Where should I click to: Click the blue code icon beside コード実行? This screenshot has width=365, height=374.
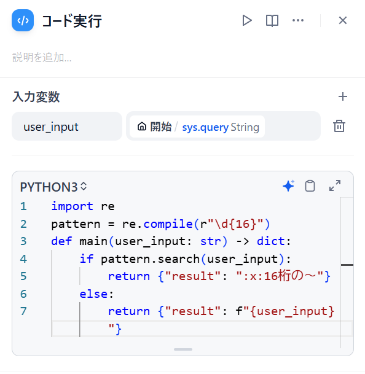(x=23, y=20)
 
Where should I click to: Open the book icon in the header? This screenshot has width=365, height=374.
(x=272, y=20)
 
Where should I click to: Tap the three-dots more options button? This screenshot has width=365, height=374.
(x=298, y=20)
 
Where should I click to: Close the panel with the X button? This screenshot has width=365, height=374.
(x=343, y=20)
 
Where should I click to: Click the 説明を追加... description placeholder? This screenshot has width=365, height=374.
(x=42, y=58)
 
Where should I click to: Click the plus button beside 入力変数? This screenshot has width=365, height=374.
(x=343, y=96)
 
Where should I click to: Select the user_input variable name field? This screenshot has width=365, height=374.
(x=67, y=126)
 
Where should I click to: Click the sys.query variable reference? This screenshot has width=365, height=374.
(x=205, y=127)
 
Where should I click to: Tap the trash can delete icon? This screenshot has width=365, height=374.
(x=339, y=126)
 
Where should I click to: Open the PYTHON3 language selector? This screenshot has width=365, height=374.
(x=53, y=187)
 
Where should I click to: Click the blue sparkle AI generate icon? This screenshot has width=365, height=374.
(x=289, y=186)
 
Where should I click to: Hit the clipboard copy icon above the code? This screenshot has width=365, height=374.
(x=310, y=186)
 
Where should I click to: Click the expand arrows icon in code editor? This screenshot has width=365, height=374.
(x=335, y=185)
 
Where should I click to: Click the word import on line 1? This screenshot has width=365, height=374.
(x=73, y=206)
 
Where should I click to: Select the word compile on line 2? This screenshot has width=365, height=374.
(x=168, y=224)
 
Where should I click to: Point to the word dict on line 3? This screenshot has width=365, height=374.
(x=271, y=241)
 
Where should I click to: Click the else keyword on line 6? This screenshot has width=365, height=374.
(x=93, y=294)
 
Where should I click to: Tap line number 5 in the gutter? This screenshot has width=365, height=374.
(x=23, y=276)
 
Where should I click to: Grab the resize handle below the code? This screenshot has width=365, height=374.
(x=183, y=349)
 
